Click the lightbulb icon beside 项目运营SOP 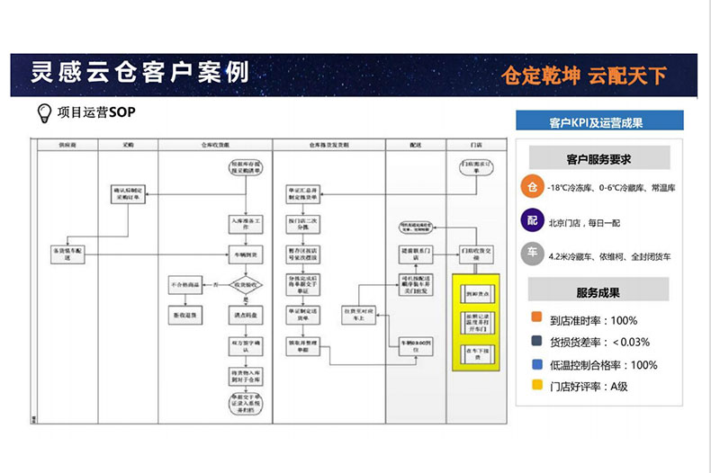(42, 113)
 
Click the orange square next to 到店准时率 (536, 320)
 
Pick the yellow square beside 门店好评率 (536, 388)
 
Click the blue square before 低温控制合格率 (536, 365)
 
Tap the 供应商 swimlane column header (67, 144)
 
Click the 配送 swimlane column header (415, 144)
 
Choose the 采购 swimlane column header (128, 144)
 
